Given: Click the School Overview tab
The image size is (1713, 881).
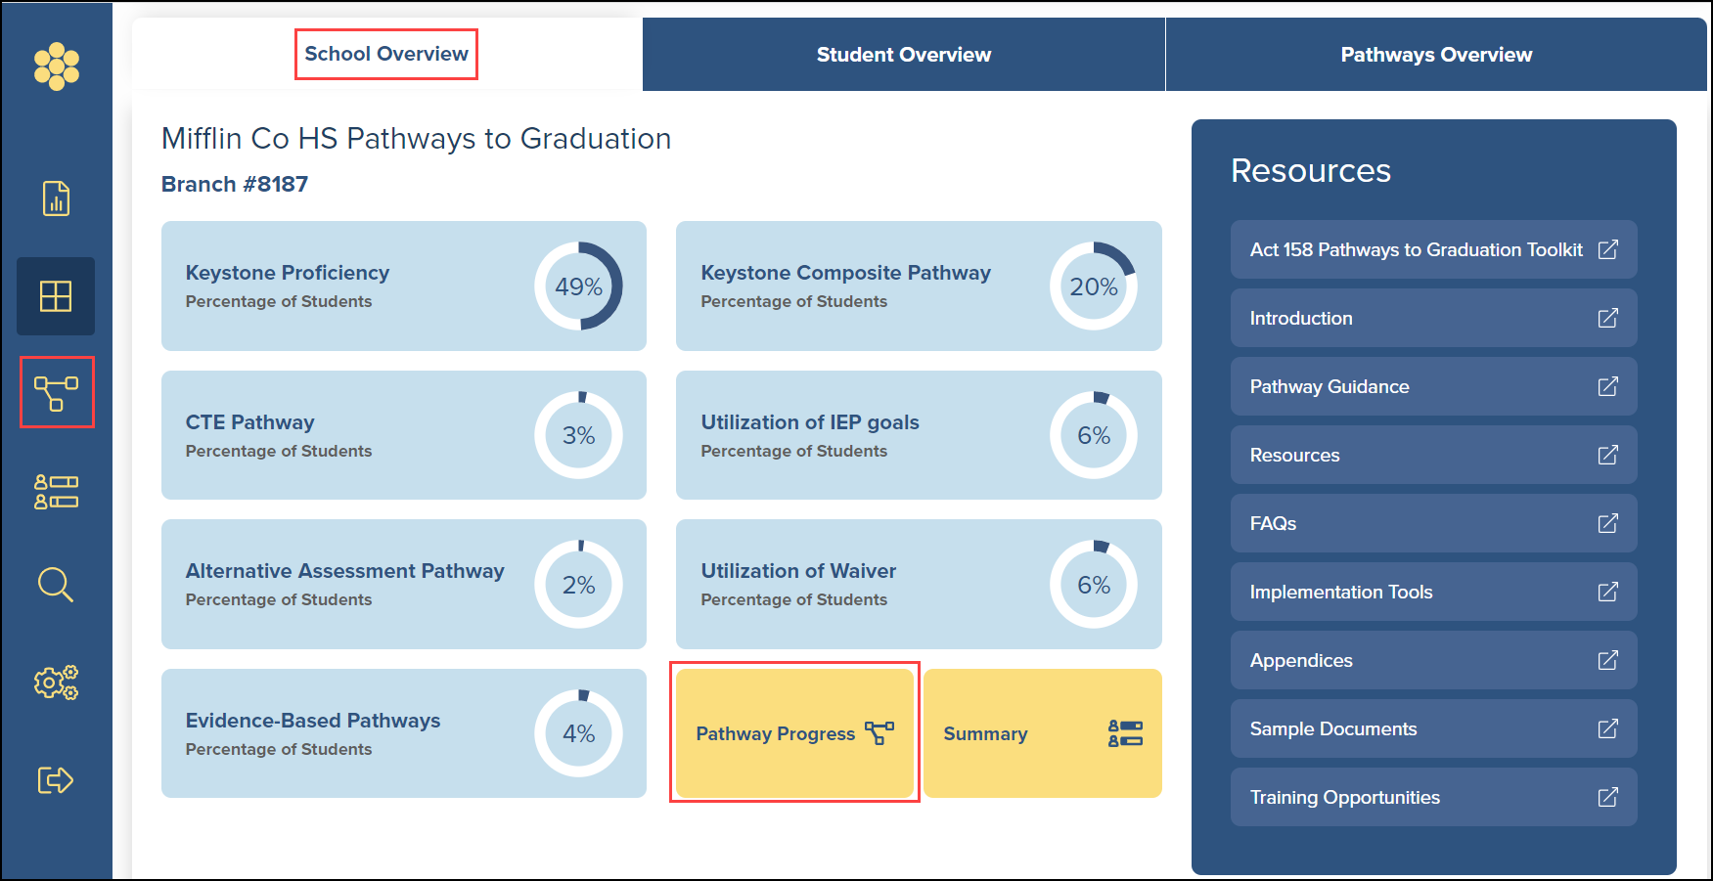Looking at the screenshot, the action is (x=386, y=54).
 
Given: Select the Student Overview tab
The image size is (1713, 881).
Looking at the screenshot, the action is (x=904, y=55).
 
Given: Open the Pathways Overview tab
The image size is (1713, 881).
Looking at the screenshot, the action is (x=1436, y=55).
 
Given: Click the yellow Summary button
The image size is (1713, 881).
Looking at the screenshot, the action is (x=1043, y=733).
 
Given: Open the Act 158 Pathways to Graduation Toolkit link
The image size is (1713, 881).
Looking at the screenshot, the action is (x=1434, y=249).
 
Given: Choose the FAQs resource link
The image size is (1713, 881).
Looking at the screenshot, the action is (x=1434, y=523).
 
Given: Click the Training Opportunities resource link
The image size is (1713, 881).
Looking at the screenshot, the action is (x=1434, y=797).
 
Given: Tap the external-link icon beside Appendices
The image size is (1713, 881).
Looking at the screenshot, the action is (x=1607, y=660).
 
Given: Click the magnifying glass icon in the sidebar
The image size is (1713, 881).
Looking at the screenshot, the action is (x=56, y=585).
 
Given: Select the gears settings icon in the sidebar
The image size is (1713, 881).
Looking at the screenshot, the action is (x=56, y=683).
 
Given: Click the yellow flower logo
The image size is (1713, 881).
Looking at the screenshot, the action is (x=57, y=66).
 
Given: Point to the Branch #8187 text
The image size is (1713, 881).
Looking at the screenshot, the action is (x=235, y=184).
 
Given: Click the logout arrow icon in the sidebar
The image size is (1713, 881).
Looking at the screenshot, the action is (x=56, y=780).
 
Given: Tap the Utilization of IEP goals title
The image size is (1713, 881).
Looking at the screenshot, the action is (x=810, y=422).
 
